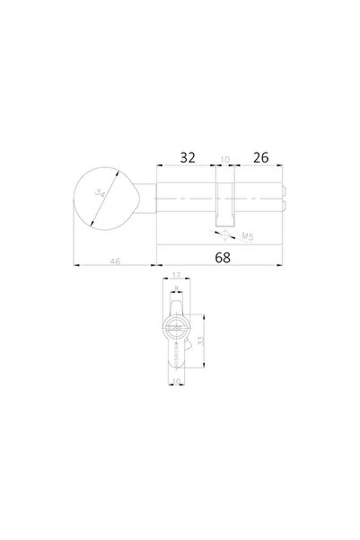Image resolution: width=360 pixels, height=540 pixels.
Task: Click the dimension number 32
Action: pos(187,156)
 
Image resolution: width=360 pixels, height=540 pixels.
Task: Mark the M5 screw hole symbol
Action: pos(222,233)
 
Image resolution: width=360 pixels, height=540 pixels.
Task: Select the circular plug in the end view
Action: pos(177,328)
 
